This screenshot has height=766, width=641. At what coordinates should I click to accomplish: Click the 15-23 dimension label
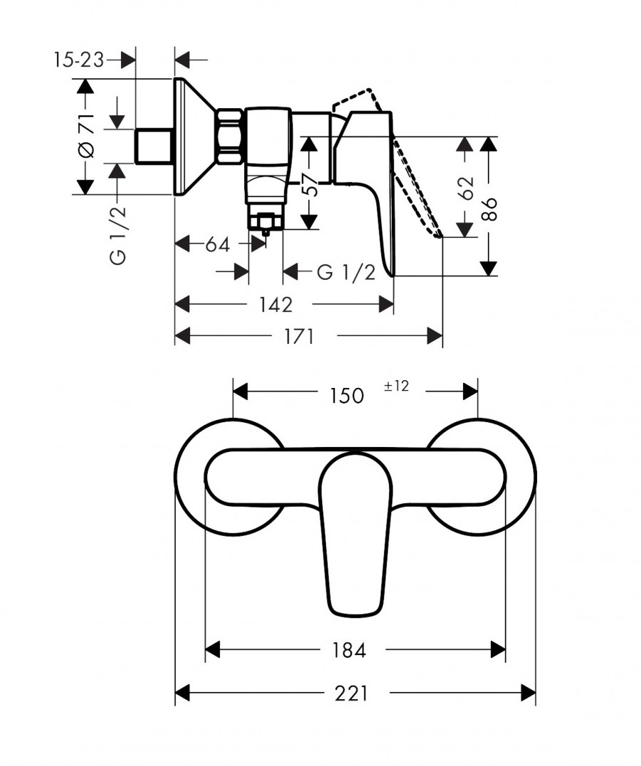click(x=78, y=60)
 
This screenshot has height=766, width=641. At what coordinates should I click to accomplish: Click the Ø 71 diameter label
click(x=86, y=136)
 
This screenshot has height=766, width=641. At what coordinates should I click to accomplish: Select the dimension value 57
click(x=309, y=184)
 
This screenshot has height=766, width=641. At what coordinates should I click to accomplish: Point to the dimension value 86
click(x=489, y=209)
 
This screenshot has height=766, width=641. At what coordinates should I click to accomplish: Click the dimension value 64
click(x=217, y=244)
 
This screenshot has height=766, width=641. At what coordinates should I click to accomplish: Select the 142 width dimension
click(x=276, y=305)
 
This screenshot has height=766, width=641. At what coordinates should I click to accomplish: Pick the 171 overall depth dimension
click(x=298, y=337)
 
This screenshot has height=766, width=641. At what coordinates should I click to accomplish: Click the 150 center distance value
click(x=346, y=395)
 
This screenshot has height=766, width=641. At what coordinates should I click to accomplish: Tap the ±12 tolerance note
click(x=396, y=386)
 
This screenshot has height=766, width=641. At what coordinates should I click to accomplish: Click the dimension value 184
click(x=349, y=650)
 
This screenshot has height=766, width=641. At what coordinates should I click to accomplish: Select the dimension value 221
click(x=351, y=693)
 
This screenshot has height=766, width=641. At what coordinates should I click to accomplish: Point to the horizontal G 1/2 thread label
click(x=346, y=272)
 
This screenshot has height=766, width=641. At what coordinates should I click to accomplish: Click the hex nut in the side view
click(x=229, y=136)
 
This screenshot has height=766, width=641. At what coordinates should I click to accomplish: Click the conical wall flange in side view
click(x=195, y=136)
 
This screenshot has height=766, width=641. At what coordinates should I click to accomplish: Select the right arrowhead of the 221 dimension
click(x=528, y=693)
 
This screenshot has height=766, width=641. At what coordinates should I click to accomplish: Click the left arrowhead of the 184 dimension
click(x=213, y=650)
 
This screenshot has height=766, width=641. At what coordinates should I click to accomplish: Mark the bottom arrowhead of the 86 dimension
click(x=488, y=268)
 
